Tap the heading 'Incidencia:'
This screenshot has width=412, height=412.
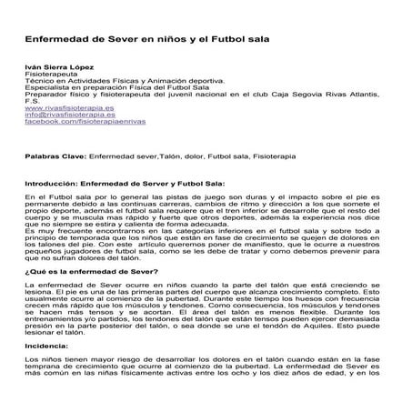pos(46,346)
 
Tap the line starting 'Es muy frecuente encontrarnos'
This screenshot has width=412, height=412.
pos(205,234)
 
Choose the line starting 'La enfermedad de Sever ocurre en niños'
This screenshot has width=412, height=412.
pos(205,286)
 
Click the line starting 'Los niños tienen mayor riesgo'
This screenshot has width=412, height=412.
pos(205,360)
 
